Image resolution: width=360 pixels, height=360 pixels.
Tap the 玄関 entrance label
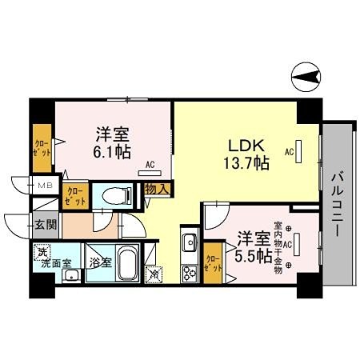pyautogui.click(x=45, y=225)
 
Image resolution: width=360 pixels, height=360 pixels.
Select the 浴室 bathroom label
pyautogui.click(x=100, y=262)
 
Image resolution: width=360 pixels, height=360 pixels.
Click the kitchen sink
pyautogui.click(x=190, y=242)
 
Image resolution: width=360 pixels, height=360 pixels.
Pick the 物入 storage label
pyautogui.click(x=156, y=189)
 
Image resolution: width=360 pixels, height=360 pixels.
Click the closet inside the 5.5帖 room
pyautogui.click(x=212, y=263)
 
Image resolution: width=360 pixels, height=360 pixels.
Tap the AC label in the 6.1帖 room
pyautogui.click(x=150, y=166)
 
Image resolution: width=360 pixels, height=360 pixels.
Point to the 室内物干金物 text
pyautogui.click(x=278, y=243)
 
